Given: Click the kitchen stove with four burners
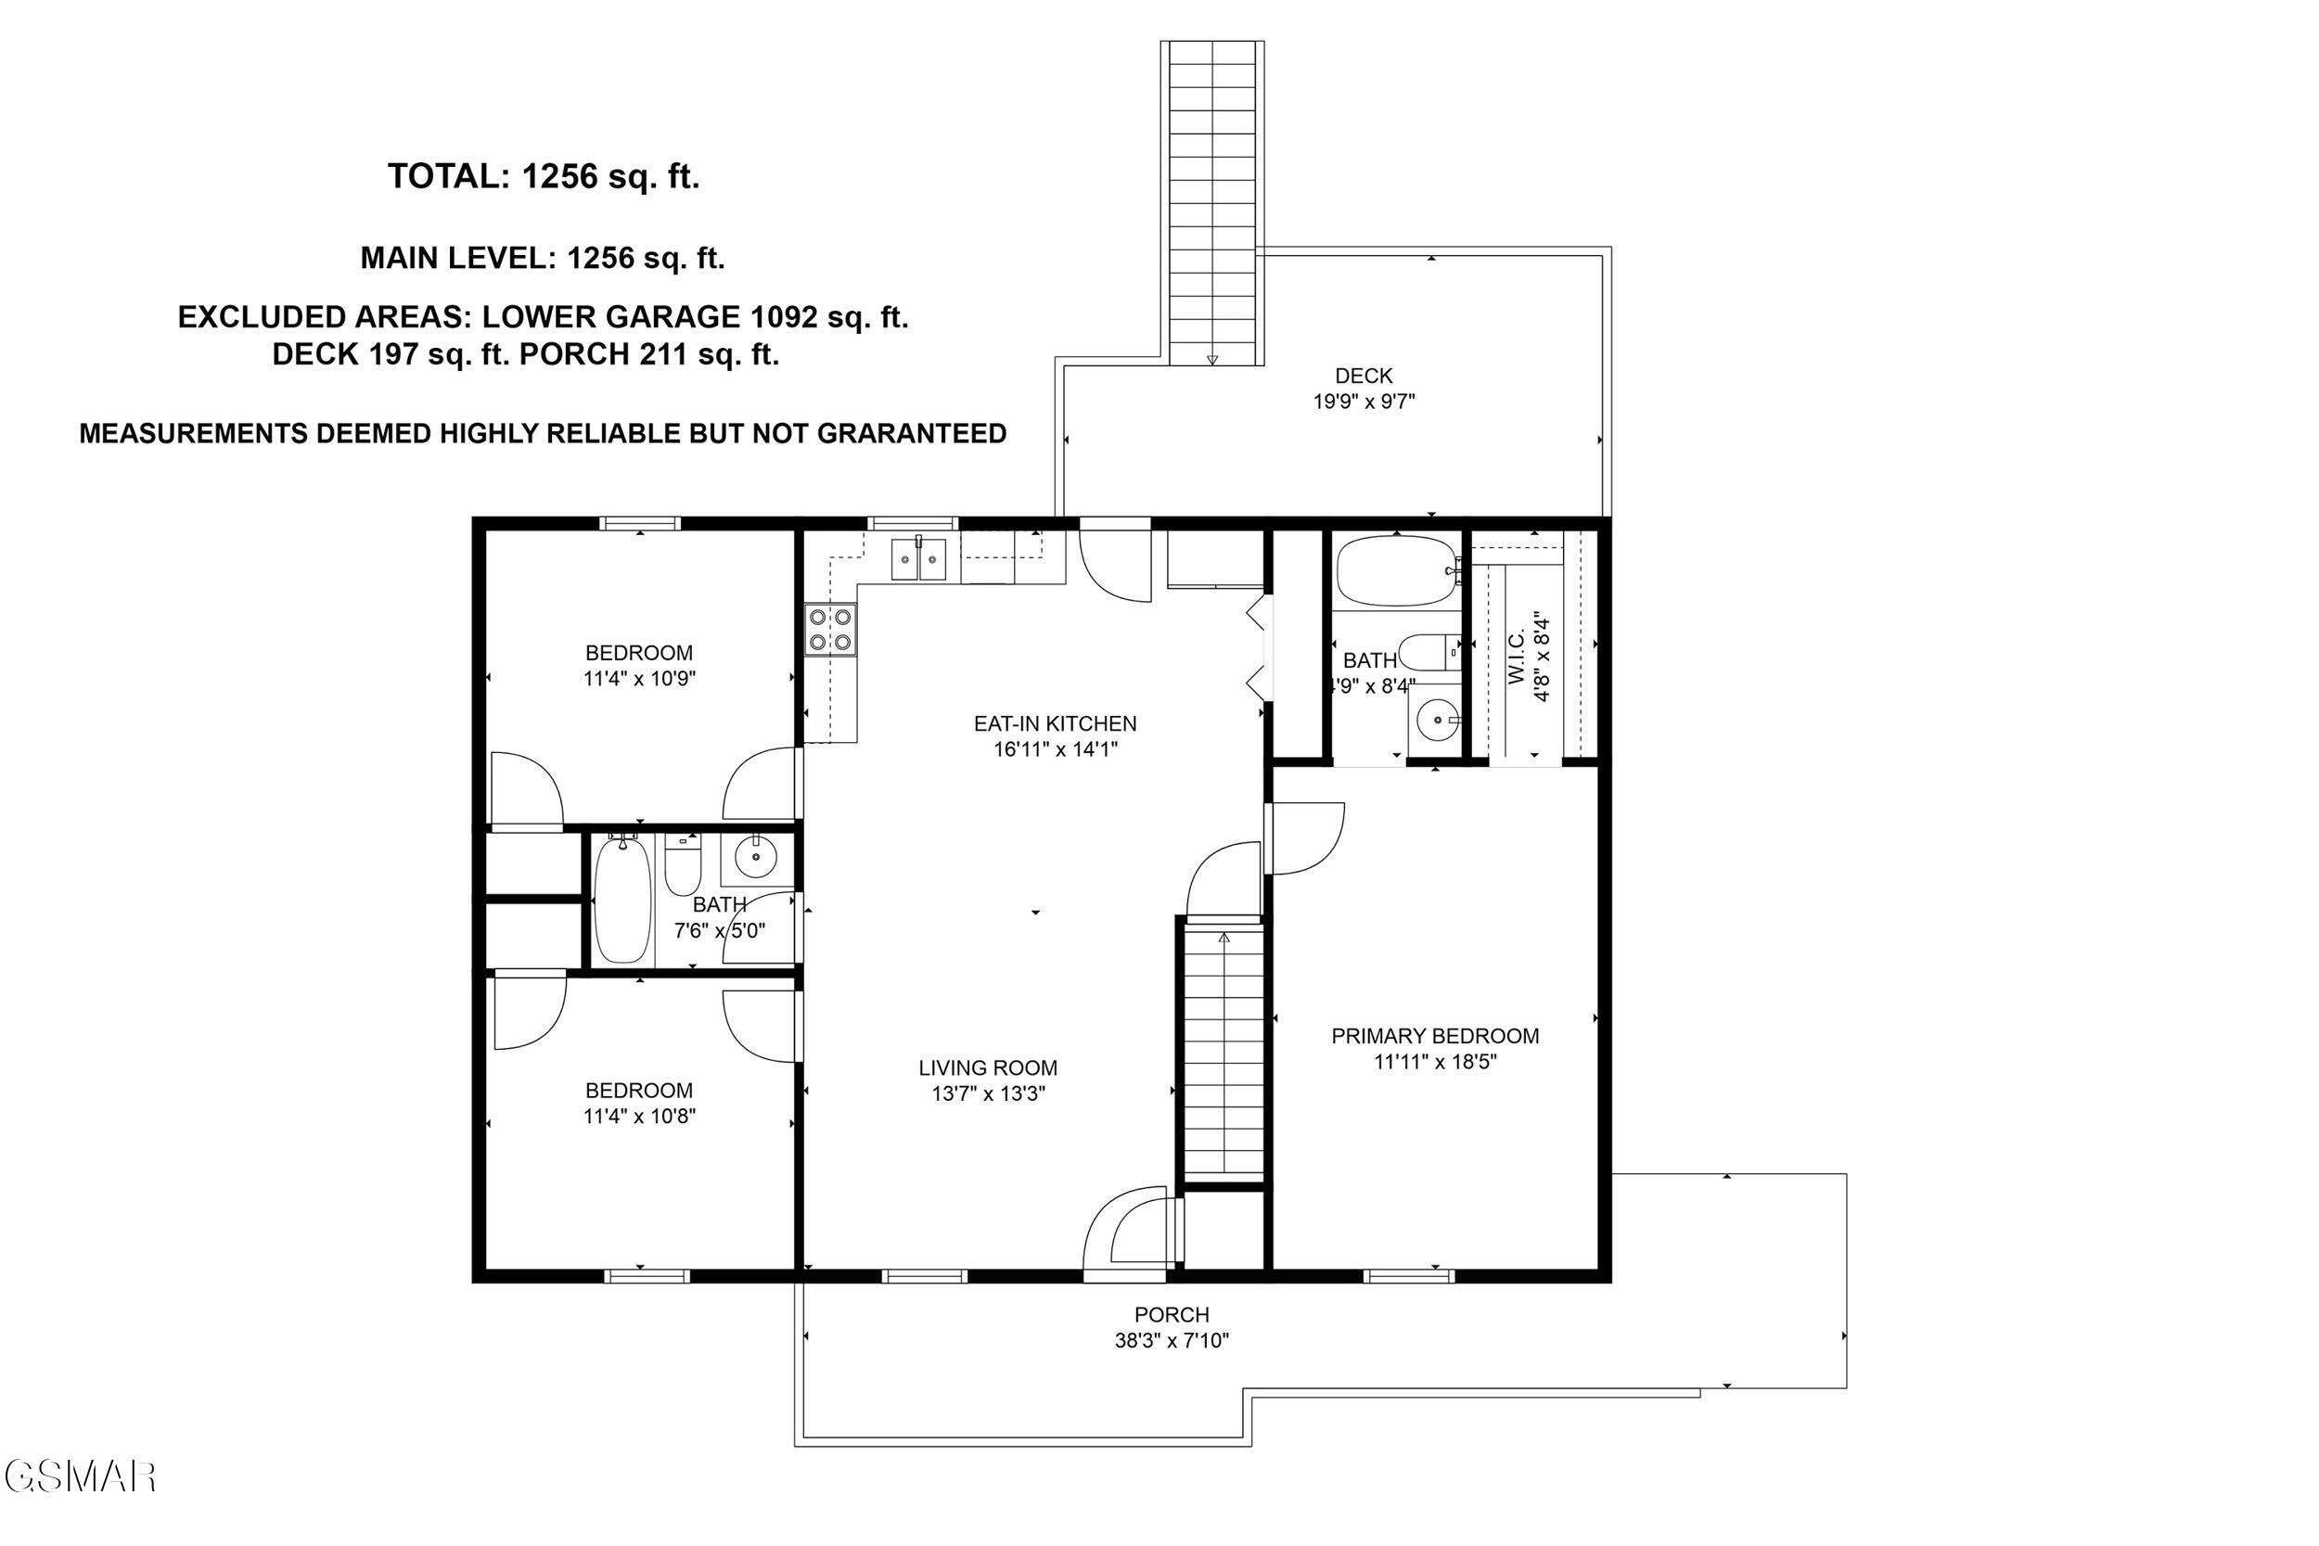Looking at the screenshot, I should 830,630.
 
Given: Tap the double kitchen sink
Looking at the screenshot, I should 918,559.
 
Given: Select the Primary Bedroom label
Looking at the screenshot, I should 1435,1036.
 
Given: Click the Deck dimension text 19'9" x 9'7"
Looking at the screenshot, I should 1364,402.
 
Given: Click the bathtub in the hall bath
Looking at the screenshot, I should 623,900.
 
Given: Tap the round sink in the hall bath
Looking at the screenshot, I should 756,857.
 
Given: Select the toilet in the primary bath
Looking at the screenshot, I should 1428,652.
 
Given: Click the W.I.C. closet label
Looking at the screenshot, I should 1517,658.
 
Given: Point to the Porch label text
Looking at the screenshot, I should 1172,1314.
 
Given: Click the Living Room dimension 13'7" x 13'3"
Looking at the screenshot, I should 988,1093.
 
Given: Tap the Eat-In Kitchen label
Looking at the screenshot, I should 1055,723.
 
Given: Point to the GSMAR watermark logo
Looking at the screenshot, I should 79,1476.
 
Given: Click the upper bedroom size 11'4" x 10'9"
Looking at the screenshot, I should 639,678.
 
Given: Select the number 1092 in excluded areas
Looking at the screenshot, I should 784,317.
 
